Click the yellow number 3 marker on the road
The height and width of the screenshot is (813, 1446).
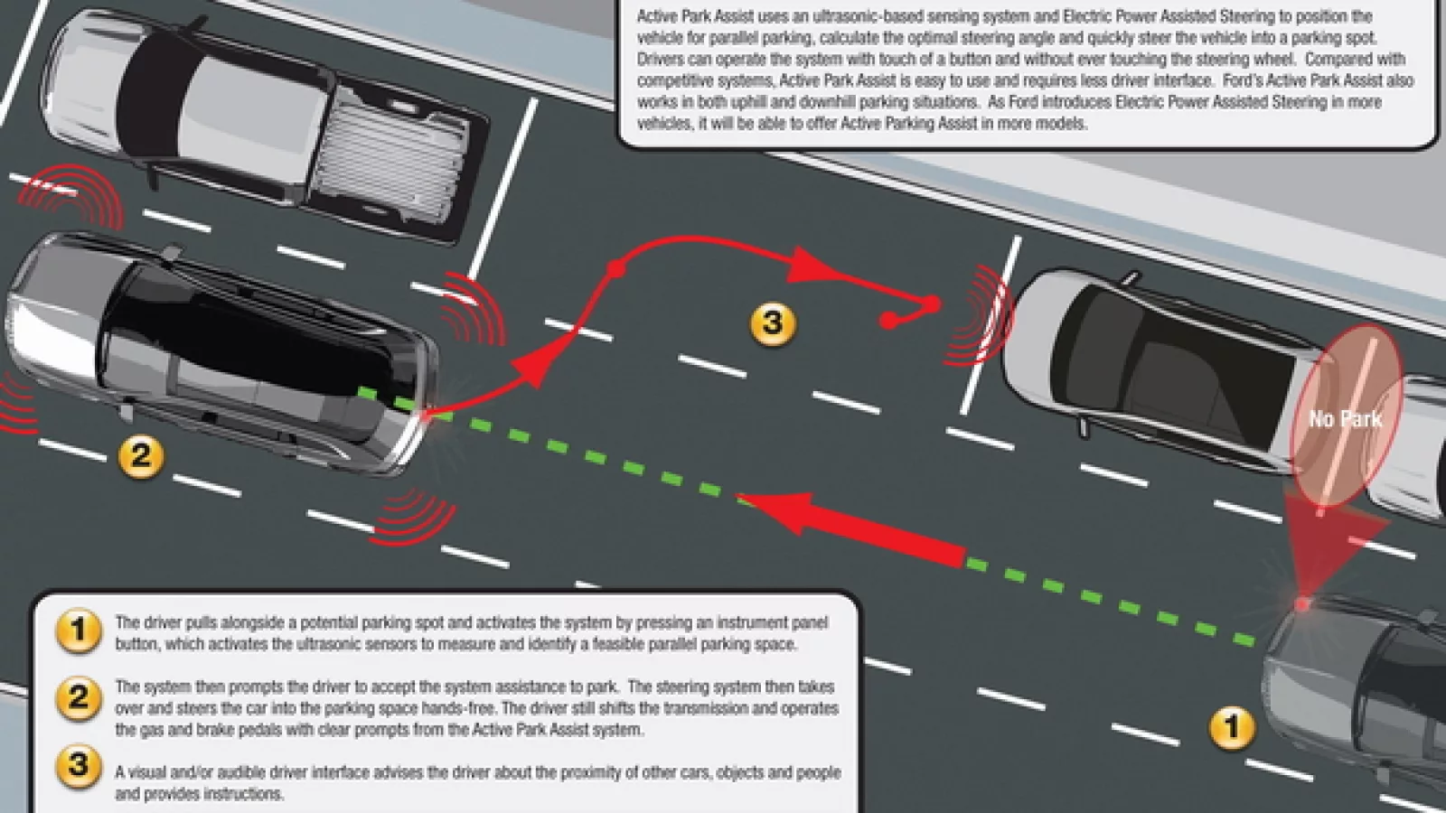[x=773, y=323]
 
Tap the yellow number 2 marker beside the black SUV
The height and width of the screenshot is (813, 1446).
[x=141, y=456]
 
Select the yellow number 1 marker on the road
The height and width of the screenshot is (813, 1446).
[x=1232, y=728]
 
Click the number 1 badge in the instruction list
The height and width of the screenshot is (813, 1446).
[x=79, y=631]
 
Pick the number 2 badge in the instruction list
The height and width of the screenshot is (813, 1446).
[x=79, y=697]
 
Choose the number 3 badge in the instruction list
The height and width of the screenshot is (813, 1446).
[x=79, y=767]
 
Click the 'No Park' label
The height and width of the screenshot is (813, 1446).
[x=1346, y=419]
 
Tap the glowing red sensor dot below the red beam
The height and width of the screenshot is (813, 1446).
[x=1302, y=604]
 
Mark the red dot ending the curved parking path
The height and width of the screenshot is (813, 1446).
[x=889, y=320]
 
